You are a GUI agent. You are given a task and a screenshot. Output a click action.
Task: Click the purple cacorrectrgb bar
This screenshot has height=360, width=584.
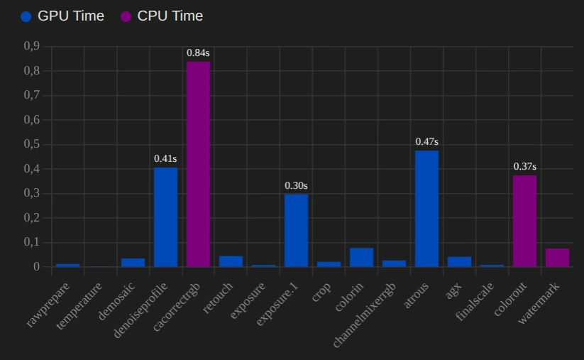click(198, 164)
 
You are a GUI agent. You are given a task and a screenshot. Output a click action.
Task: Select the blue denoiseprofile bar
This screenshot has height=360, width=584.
click(165, 217)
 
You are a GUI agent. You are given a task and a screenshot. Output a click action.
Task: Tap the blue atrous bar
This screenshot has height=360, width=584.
click(426, 209)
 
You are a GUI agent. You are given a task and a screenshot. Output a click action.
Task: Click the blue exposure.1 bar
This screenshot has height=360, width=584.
click(296, 230)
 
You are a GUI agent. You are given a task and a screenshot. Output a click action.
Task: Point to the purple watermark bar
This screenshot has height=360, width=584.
click(557, 258)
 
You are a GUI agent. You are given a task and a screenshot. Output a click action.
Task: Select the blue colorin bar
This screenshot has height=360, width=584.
click(361, 257)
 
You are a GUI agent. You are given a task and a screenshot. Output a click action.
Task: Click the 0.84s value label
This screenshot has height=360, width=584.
click(198, 53)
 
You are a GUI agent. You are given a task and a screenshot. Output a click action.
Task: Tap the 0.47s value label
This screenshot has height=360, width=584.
click(426, 142)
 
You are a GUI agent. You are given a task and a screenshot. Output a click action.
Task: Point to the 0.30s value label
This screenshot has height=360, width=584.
click(296, 185)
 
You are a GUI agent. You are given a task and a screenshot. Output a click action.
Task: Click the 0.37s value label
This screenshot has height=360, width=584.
click(524, 166)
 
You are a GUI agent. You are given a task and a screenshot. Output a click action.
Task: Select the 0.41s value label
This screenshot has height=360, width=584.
click(165, 158)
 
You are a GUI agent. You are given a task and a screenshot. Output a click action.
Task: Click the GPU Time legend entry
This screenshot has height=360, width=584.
click(62, 16)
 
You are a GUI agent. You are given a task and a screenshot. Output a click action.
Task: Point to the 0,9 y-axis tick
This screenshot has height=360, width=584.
click(31, 46)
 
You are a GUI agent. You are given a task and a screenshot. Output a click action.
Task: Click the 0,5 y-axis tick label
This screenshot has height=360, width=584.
click(31, 144)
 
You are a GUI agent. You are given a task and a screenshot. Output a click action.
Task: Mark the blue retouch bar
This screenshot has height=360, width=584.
click(231, 261)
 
